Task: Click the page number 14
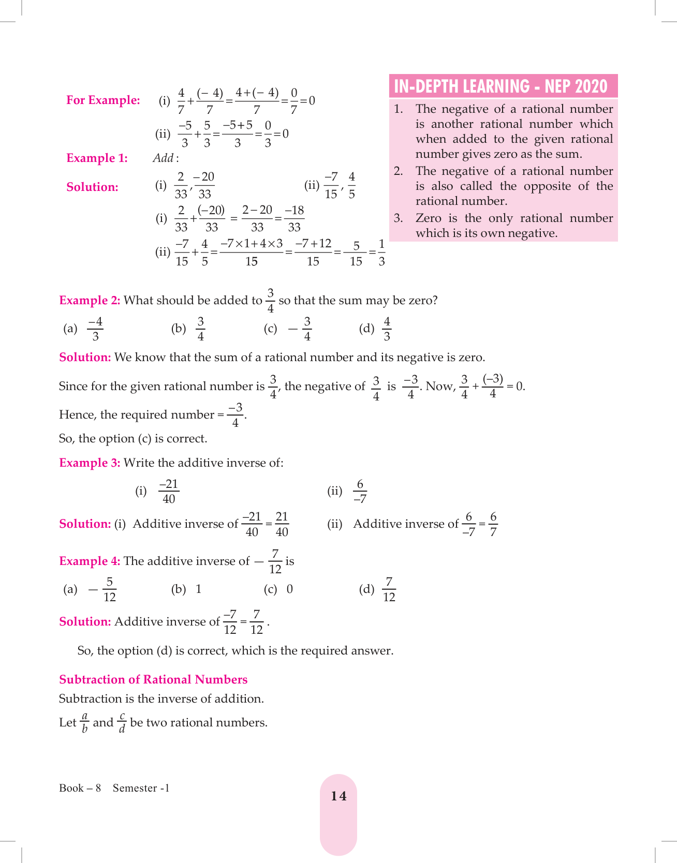click(x=338, y=796)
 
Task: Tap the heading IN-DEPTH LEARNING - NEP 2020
click(x=501, y=86)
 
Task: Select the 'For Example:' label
click(x=103, y=100)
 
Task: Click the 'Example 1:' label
click(x=97, y=158)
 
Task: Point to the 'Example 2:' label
click(x=90, y=301)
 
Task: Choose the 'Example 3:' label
click(x=90, y=463)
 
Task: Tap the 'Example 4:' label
click(x=90, y=561)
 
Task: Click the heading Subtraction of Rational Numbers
click(x=153, y=680)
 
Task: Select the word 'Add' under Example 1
click(x=163, y=158)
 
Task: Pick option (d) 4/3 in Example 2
click(x=387, y=329)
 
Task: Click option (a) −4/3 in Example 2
click(x=95, y=329)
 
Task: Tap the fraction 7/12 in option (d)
click(x=389, y=590)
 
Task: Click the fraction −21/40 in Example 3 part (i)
click(x=169, y=492)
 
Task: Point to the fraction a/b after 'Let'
click(x=85, y=723)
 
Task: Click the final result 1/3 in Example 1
click(x=381, y=252)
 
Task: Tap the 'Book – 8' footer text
click(x=80, y=788)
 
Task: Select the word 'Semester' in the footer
click(x=135, y=788)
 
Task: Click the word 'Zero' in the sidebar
click(x=428, y=218)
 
